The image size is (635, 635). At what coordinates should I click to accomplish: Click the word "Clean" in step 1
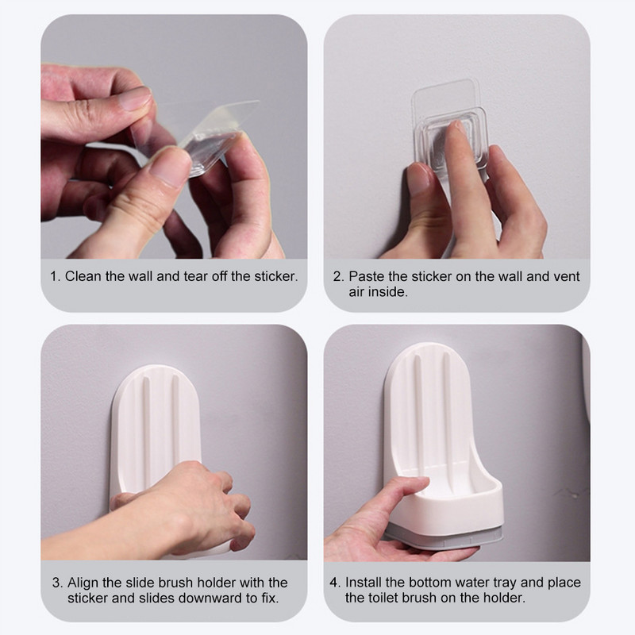click(83, 276)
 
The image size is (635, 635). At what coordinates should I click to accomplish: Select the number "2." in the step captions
click(339, 276)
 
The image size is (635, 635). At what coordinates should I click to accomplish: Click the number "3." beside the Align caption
click(58, 583)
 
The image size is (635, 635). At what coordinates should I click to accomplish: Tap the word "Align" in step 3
click(83, 583)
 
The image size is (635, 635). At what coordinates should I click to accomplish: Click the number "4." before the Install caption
click(335, 583)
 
